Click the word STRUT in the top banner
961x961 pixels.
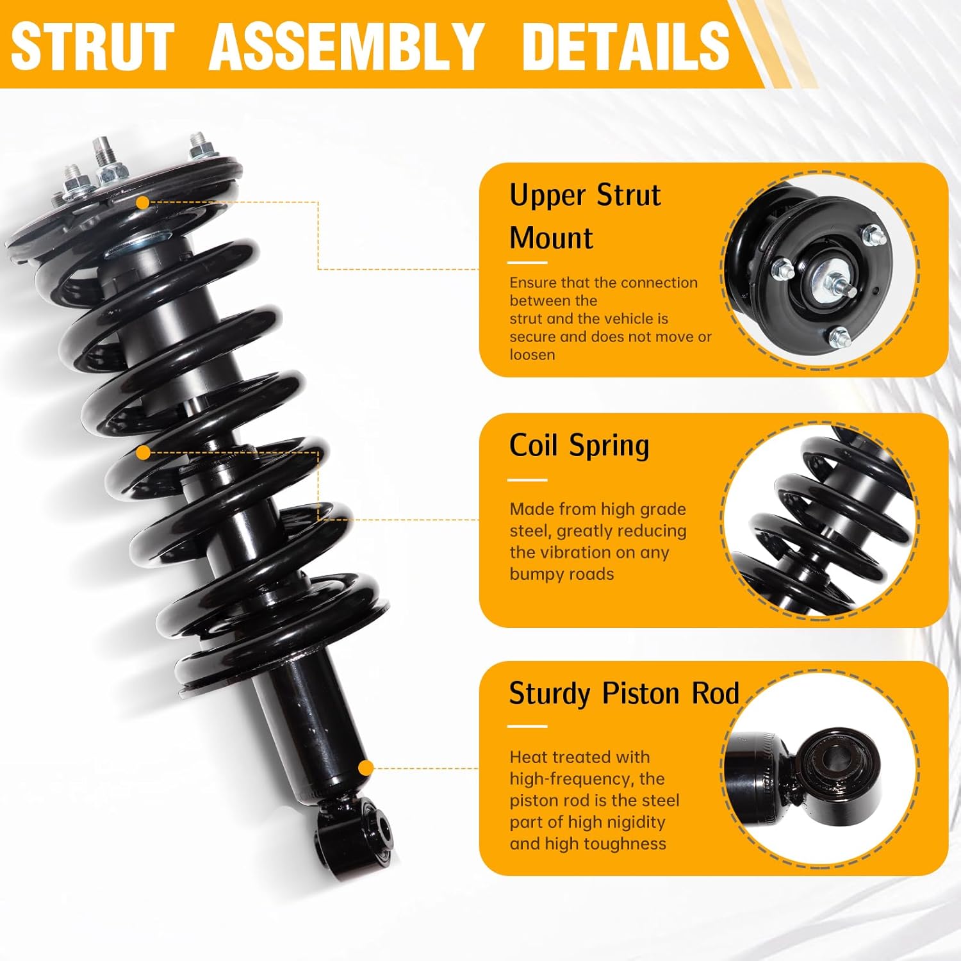pyautogui.click(x=93, y=46)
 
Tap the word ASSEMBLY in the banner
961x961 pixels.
pyautogui.click(x=346, y=46)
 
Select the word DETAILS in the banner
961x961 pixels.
pyautogui.click(x=626, y=46)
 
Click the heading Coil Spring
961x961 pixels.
pyautogui.click(x=579, y=445)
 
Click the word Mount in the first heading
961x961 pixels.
pyautogui.click(x=551, y=238)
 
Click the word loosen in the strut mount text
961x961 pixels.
pyautogui.click(x=532, y=355)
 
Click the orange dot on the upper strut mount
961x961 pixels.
pyautogui.click(x=143, y=202)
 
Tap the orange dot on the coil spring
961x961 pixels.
pyautogui.click(x=144, y=453)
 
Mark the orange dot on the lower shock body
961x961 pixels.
pyautogui.click(x=365, y=768)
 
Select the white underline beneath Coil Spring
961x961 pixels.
pyautogui.click(x=527, y=480)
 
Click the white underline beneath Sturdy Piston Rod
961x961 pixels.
pyautogui.click(x=527, y=727)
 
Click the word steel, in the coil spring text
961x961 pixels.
pyautogui.click(x=531, y=531)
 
